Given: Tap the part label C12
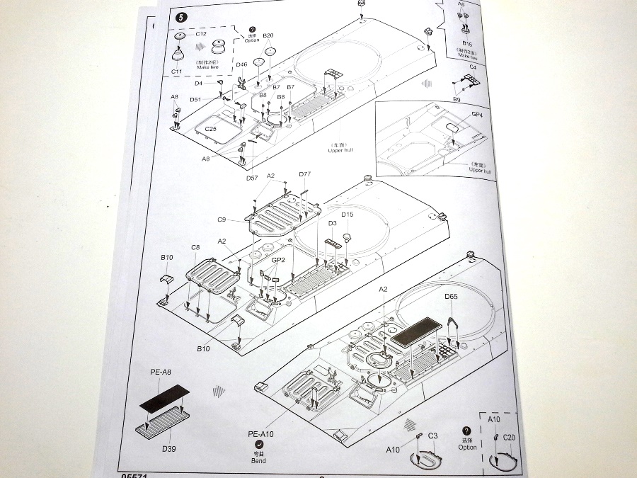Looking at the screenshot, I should point(200,34).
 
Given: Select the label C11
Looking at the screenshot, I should point(176,72).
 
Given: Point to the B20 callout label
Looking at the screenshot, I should point(268,35).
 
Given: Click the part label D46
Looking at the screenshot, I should point(242,64).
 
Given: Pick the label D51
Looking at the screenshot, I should point(195,99).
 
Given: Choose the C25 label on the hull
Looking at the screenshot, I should point(210,128).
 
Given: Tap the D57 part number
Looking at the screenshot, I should point(253,178).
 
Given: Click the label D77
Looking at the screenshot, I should point(305,174).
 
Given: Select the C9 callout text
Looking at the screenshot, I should point(222,219).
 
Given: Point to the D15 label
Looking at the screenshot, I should point(347,215).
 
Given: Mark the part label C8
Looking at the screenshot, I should point(195,246).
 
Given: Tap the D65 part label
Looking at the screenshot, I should point(452,297).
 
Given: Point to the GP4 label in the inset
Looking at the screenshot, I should point(476,115).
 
